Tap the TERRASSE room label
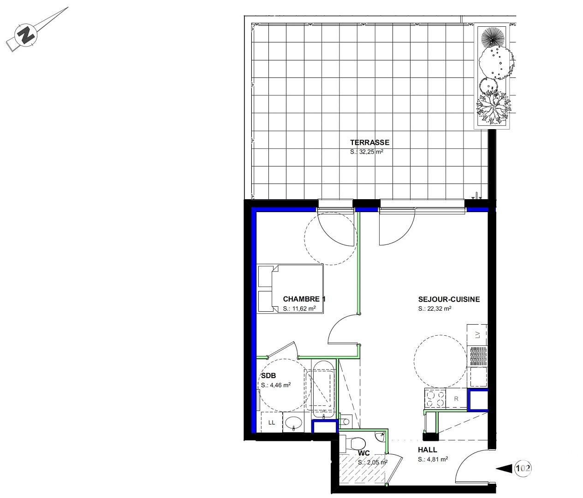click(369, 142)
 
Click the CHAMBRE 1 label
click(304, 299)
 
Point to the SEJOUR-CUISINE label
click(449, 299)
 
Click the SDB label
click(268, 376)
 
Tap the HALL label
click(427, 450)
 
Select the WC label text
click(364, 453)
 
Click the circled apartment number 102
click(523, 468)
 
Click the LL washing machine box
click(272, 422)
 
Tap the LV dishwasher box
click(477, 335)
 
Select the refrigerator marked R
click(456, 399)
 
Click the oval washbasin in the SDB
click(293, 422)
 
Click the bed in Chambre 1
click(290, 289)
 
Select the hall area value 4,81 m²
click(433, 459)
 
